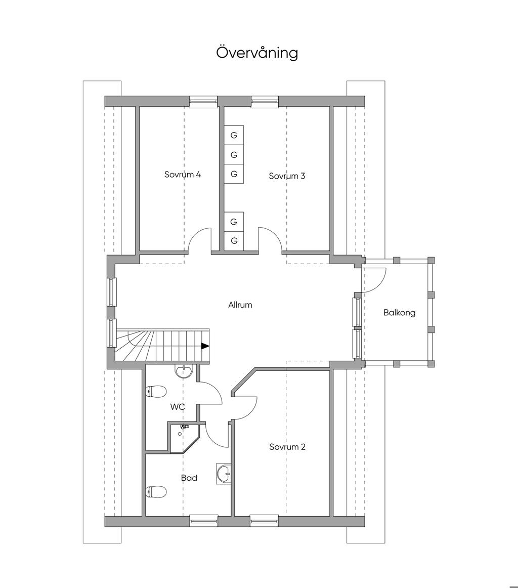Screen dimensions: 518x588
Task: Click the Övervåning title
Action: tap(257, 53)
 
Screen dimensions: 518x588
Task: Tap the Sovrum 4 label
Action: tap(183, 175)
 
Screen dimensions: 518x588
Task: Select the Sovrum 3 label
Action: tap(287, 176)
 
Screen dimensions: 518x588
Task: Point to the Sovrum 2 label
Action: tap(287, 447)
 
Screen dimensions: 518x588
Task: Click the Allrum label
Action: tap(240, 305)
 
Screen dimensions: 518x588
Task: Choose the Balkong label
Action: tap(400, 312)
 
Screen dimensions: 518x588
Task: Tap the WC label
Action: tap(177, 407)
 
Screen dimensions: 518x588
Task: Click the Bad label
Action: tap(189, 478)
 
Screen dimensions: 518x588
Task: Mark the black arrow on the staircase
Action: tap(205, 346)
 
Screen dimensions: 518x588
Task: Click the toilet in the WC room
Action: tap(156, 392)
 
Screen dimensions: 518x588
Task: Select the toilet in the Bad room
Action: tap(156, 492)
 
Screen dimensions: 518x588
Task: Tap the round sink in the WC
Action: tap(184, 371)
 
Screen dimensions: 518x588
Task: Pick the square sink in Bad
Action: tap(224, 473)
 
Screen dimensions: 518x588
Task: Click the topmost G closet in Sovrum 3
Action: tap(234, 135)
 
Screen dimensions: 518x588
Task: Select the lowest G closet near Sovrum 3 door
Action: tap(234, 240)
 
